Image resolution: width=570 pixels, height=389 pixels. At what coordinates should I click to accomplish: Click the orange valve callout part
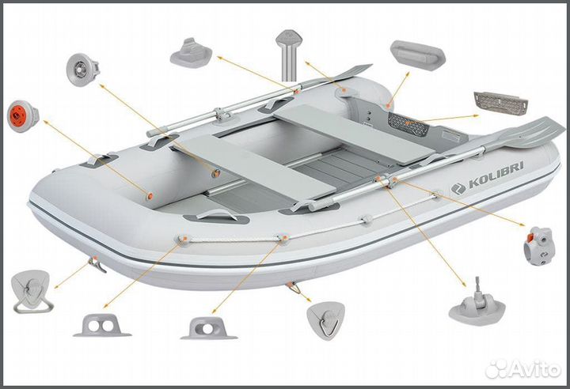pyautogui.click(x=23, y=116)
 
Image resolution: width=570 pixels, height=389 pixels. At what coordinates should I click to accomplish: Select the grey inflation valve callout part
pyautogui.click(x=83, y=70)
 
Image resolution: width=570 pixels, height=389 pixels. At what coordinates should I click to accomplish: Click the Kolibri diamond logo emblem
pyautogui.click(x=458, y=189)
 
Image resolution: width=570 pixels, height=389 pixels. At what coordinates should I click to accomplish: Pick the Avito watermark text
pyautogui.click(x=523, y=369)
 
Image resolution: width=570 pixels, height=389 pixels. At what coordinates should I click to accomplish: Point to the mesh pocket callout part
pyautogui.click(x=501, y=102)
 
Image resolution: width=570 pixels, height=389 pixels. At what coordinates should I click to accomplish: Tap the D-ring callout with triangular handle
pyautogui.click(x=31, y=291)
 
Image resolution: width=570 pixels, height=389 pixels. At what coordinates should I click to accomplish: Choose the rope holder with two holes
pyautogui.click(x=102, y=326)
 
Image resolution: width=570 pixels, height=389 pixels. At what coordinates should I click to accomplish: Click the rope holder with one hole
pyautogui.click(x=209, y=328)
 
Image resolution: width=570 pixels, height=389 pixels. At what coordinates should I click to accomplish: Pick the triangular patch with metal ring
pyautogui.click(x=326, y=320)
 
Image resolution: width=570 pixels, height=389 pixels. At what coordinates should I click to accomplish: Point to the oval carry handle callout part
pyautogui.click(x=418, y=55)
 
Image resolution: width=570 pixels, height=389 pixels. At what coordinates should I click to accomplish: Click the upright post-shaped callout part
pyautogui.click(x=289, y=55)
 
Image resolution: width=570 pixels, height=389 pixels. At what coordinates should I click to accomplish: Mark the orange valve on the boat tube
pyautogui.click(x=150, y=196)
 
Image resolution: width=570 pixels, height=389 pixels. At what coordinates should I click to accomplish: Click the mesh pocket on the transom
pyautogui.click(x=408, y=123)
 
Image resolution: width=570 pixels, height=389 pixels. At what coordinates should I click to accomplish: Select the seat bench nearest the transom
pyautogui.click(x=354, y=134)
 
